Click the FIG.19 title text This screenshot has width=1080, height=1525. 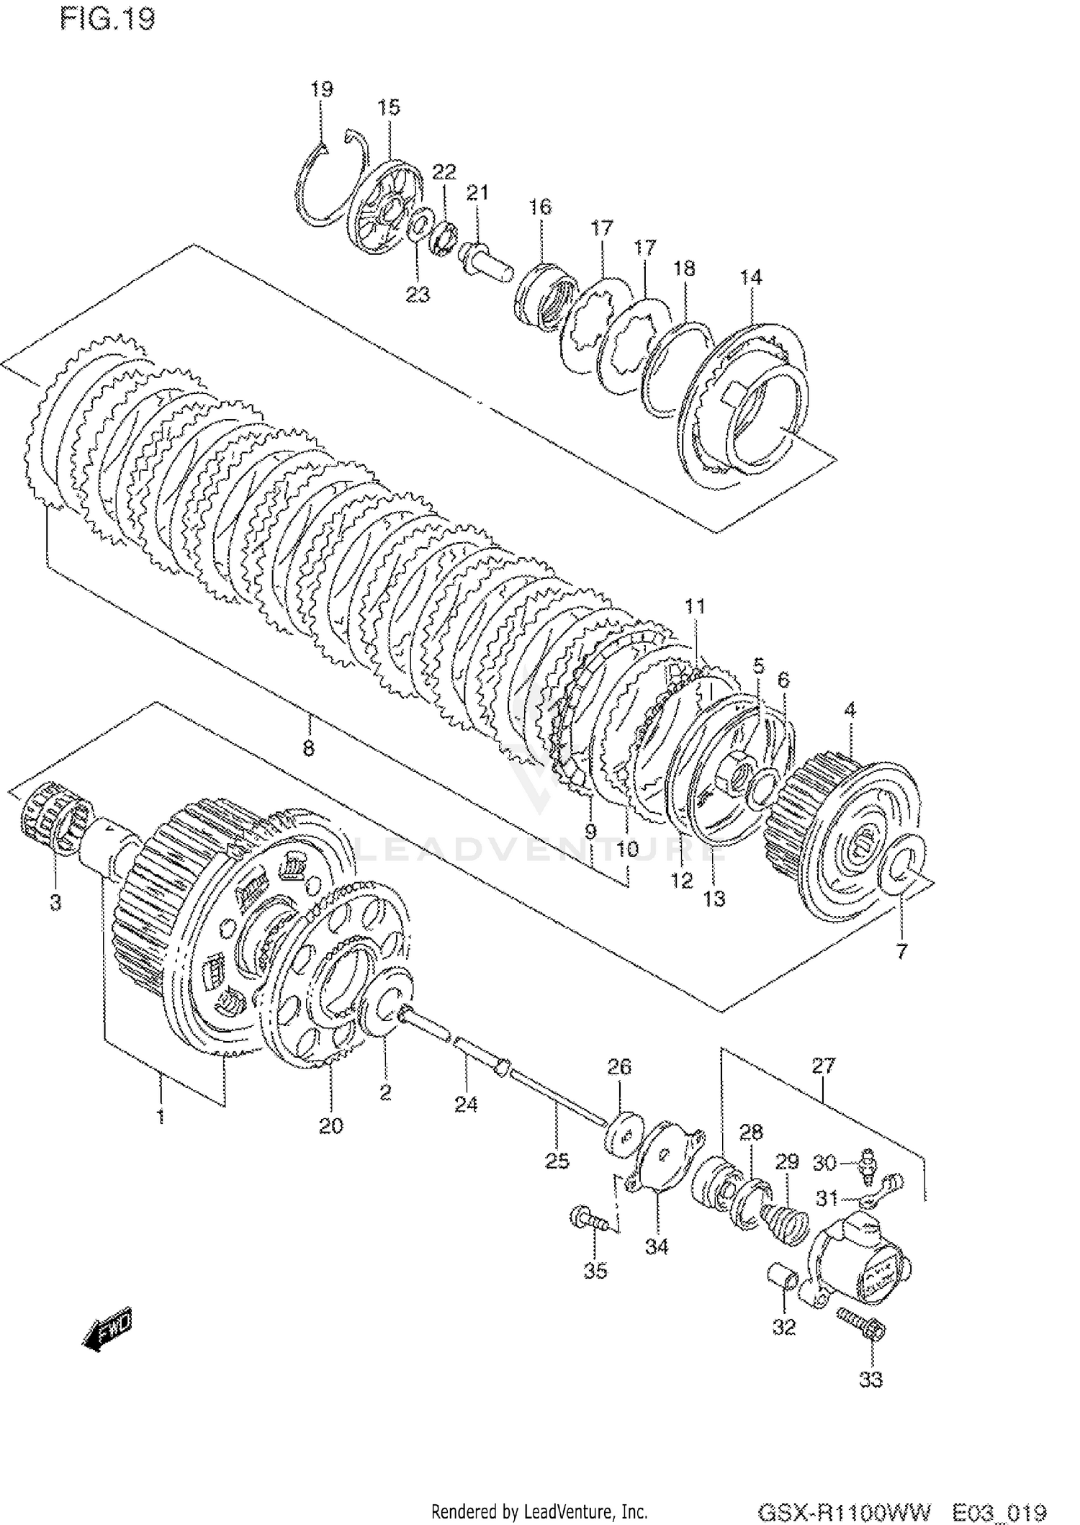coord(107,19)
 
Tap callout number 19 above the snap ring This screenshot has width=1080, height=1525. coord(322,89)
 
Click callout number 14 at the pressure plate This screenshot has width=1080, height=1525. coord(751,277)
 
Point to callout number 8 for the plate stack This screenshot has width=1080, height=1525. coord(308,748)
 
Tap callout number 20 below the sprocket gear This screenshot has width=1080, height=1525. coord(331,1125)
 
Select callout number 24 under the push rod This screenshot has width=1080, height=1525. coord(466,1104)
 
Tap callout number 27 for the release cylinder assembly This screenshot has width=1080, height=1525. coord(824,1065)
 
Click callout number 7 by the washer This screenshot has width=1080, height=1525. coord(901,951)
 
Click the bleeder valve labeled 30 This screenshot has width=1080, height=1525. coord(867,1161)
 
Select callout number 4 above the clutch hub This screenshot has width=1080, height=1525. coord(850,709)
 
